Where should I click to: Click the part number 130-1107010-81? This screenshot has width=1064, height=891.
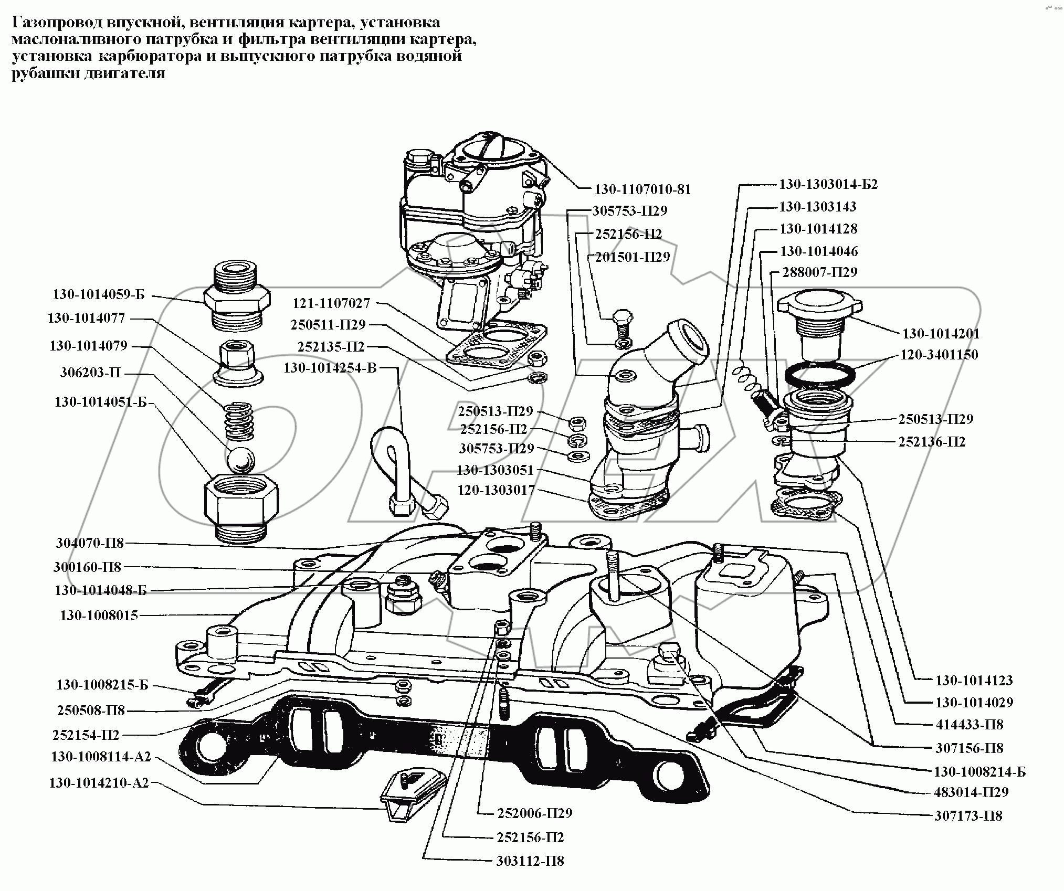pos(642,189)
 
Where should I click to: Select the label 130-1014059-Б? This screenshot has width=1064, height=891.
pos(98,294)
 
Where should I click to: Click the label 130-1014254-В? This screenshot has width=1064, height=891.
pos(330,368)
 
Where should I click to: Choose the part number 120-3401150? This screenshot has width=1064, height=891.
pos(939,355)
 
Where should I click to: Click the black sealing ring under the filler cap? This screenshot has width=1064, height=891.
pos(820,374)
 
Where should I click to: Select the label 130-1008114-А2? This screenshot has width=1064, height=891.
pos(101,757)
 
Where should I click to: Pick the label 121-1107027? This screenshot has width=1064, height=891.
pos(331,303)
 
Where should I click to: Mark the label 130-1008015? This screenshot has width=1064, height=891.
pos(99,615)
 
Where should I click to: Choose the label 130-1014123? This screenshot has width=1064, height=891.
pos(974,681)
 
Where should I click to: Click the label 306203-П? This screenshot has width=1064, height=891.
pos(90,373)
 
